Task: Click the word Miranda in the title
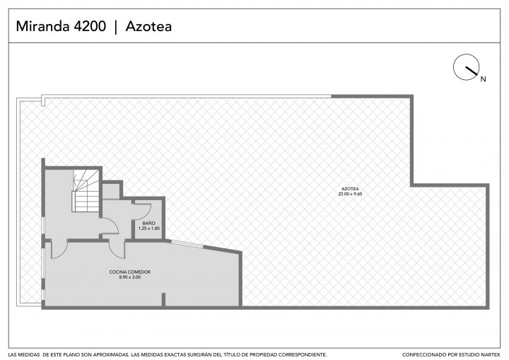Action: point(43,26)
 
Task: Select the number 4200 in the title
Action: point(90,26)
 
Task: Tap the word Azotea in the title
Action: point(148,26)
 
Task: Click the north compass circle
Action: point(466,67)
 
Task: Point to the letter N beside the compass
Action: point(484,79)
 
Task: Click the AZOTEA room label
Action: point(350,189)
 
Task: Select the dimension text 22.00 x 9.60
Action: point(350,194)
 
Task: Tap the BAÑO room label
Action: point(148,223)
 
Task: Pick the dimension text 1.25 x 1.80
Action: point(149,228)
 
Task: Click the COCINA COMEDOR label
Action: point(130,272)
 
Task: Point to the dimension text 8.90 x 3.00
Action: point(130,277)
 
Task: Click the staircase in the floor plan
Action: point(86,191)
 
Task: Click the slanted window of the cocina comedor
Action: point(187,244)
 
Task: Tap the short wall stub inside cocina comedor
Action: point(163,299)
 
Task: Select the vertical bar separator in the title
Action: point(116,27)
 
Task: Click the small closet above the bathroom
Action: point(111,191)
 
